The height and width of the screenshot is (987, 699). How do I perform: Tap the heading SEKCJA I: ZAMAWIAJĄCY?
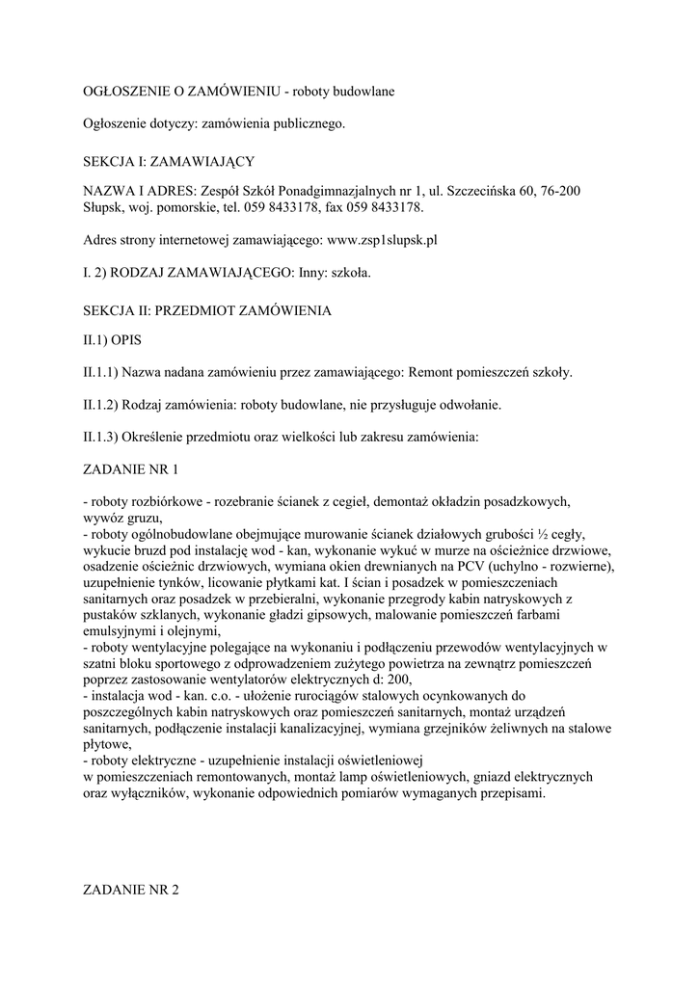tap(169, 158)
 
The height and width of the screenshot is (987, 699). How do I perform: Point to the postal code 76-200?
tap(559, 192)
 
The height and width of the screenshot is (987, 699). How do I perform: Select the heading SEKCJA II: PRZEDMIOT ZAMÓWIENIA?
tap(207, 310)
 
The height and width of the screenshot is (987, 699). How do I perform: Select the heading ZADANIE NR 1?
tap(131, 469)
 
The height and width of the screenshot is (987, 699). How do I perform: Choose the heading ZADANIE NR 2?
tap(132, 891)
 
